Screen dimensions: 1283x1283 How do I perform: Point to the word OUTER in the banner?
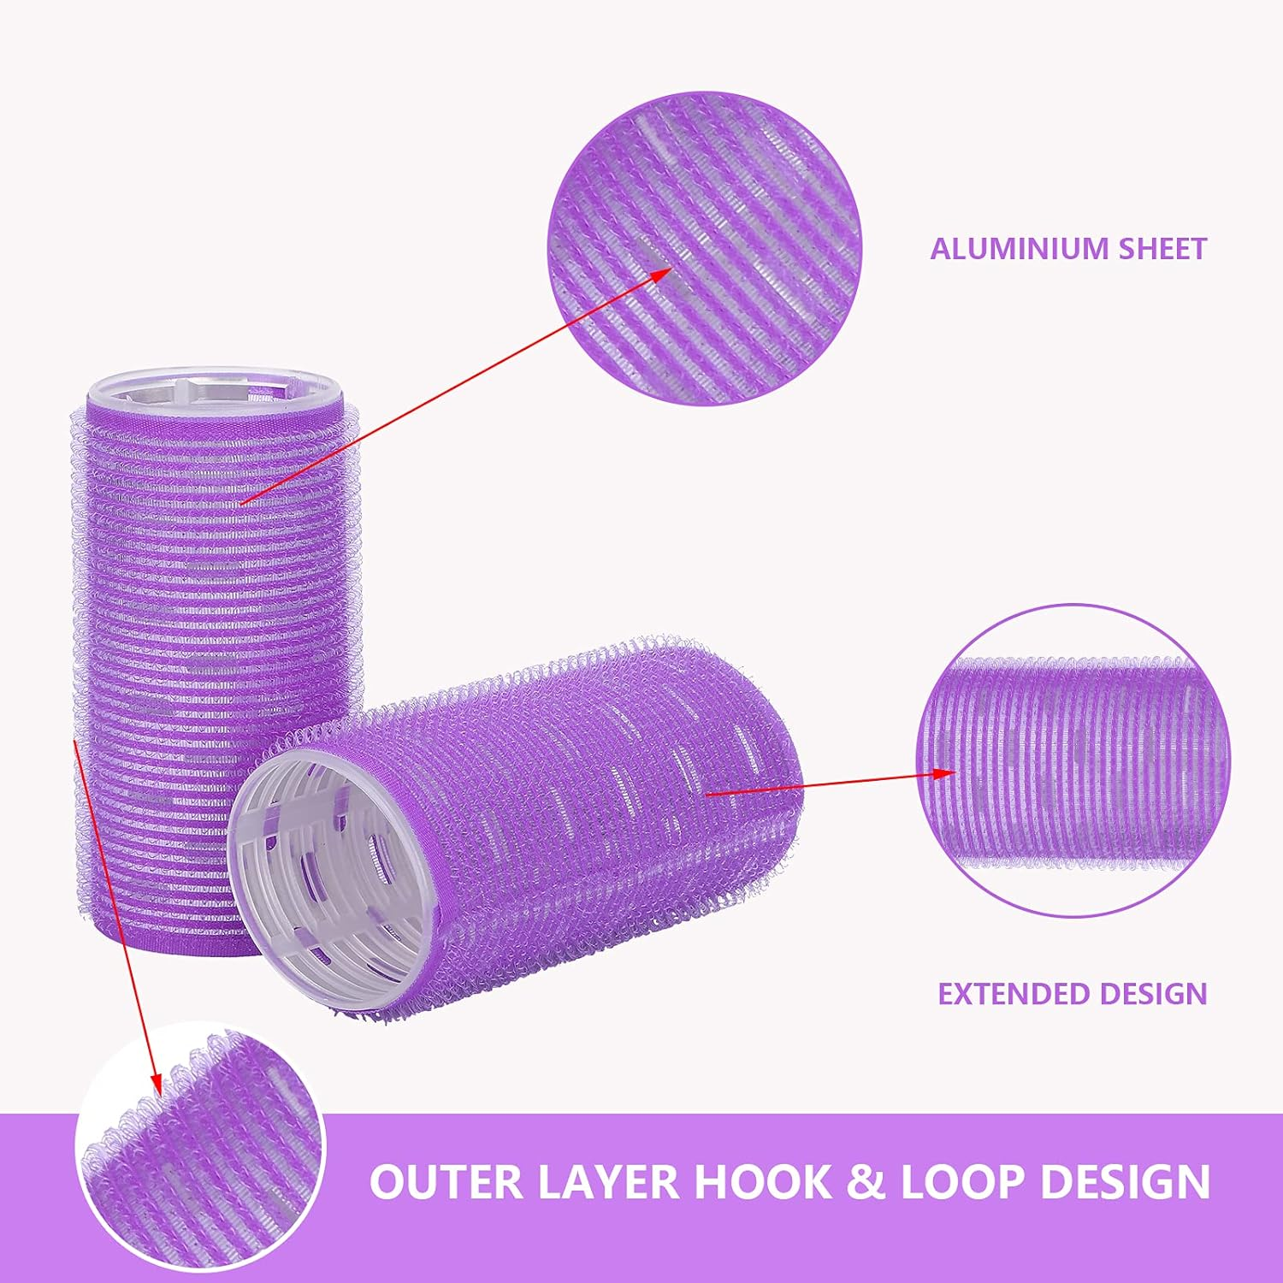(x=446, y=1182)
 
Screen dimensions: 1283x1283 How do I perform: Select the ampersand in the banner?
(x=866, y=1182)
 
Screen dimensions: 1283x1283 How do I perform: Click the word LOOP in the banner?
(x=961, y=1182)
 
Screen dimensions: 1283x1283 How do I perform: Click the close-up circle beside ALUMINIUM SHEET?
(x=706, y=248)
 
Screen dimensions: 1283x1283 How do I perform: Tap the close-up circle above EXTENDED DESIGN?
(x=1073, y=761)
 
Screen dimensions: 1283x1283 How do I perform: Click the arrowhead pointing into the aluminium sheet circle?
(x=663, y=273)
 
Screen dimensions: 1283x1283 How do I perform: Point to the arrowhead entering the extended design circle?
(x=947, y=773)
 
